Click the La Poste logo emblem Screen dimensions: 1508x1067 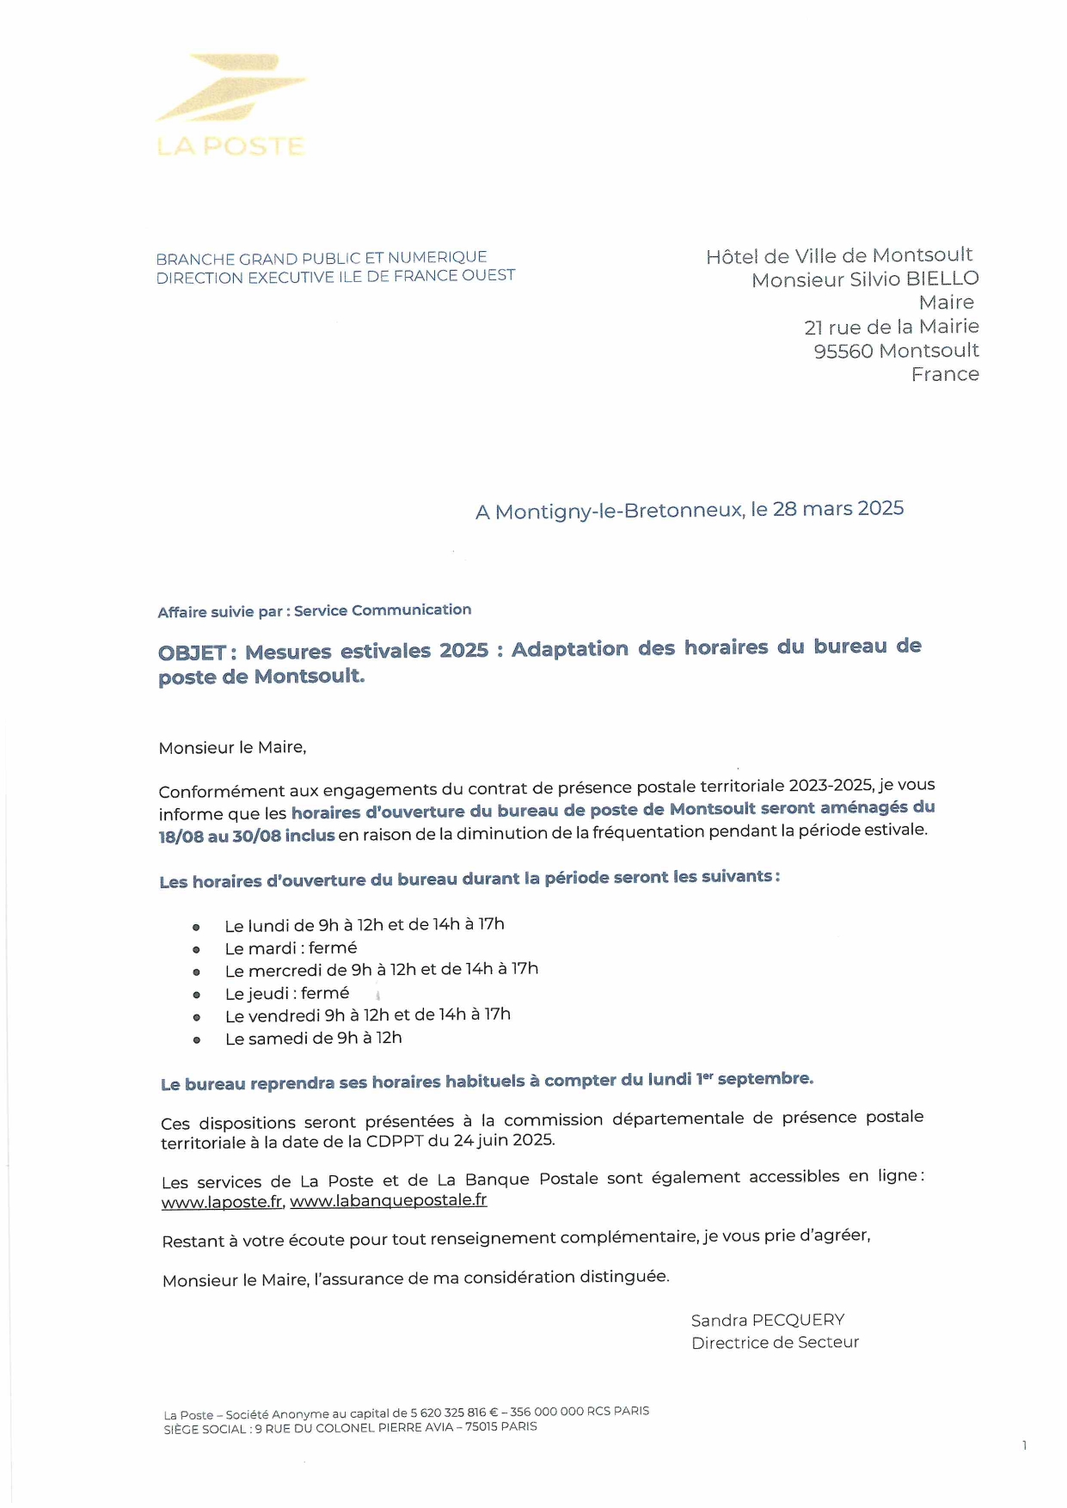(x=230, y=88)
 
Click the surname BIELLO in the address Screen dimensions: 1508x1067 (x=941, y=279)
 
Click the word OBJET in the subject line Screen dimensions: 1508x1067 (x=192, y=653)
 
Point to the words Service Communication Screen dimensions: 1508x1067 (x=383, y=610)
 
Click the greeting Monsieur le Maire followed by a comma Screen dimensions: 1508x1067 (x=232, y=748)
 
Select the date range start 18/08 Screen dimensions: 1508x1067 (x=181, y=837)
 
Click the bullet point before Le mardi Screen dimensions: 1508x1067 (x=196, y=950)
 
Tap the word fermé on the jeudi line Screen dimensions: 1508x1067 (x=325, y=994)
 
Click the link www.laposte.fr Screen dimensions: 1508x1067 (x=222, y=1202)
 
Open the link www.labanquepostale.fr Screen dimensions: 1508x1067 (x=388, y=1200)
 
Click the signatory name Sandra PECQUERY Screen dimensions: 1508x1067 (x=767, y=1320)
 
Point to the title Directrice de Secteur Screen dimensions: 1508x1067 (x=775, y=1343)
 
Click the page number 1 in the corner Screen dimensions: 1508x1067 (x=1024, y=1445)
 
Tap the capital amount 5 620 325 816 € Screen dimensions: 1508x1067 (x=454, y=1413)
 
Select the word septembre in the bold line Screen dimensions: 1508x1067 (x=764, y=1079)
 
